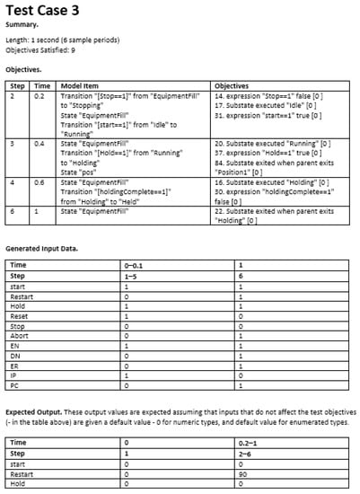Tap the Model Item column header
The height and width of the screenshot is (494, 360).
point(80,84)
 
